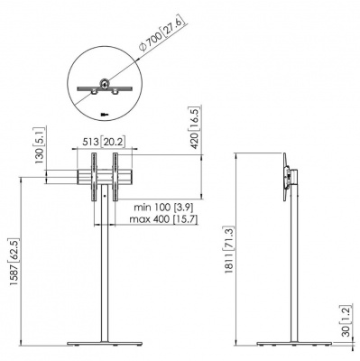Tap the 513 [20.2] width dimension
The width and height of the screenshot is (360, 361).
pos(105,142)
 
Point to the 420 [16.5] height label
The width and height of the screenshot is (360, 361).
pos(194,128)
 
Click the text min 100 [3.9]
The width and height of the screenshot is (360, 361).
pos(163,208)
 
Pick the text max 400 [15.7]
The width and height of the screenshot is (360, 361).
pos(163,219)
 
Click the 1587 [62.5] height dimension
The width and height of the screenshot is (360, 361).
pos(14,263)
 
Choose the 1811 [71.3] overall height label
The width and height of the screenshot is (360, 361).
pos(228,250)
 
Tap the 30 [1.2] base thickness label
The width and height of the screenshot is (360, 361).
pos(346,320)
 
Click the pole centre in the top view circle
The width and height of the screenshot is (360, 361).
pos(104,84)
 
